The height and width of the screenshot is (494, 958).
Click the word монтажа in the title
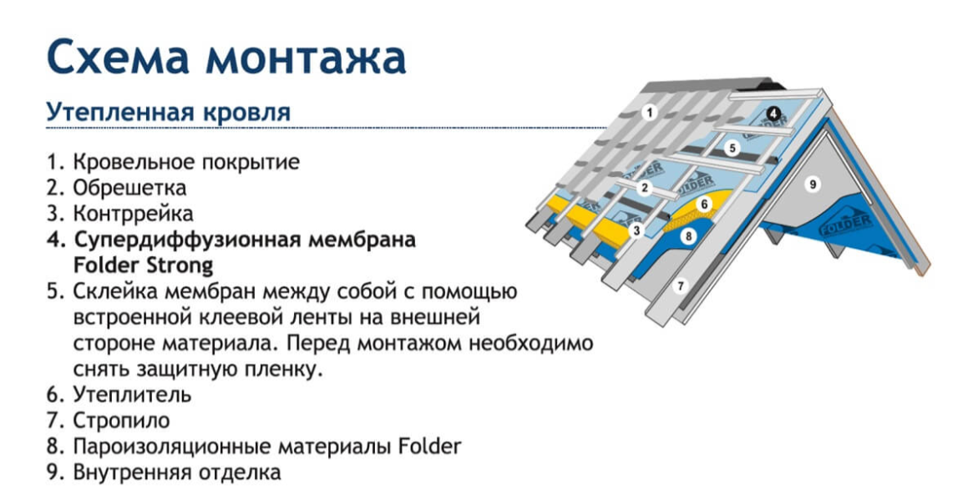(306, 57)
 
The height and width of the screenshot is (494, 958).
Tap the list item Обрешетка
(129, 188)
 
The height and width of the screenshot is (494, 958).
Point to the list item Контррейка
(133, 213)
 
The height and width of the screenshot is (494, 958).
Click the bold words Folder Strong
(143, 265)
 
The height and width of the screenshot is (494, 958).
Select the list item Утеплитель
(132, 395)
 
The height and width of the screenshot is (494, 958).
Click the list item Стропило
(122, 420)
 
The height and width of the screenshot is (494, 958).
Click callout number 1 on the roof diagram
(650, 113)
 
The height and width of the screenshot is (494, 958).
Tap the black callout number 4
(773, 113)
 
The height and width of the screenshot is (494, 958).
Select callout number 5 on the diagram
(732, 148)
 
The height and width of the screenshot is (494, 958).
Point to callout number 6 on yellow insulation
(704, 204)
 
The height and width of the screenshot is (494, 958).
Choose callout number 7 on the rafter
(680, 285)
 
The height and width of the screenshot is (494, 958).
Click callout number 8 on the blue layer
(688, 235)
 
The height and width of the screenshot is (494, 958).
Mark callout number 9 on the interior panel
(813, 184)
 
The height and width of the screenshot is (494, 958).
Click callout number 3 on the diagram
(636, 231)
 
